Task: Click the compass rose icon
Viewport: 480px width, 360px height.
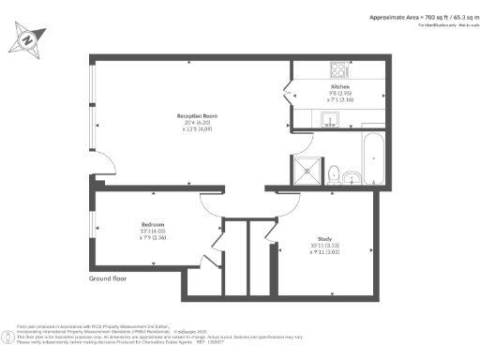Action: [28, 40]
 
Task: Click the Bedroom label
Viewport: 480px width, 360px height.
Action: [153, 224]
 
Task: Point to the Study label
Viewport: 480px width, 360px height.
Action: [324, 239]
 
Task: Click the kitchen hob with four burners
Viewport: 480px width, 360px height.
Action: [338, 69]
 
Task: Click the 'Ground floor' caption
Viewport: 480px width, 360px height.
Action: [111, 279]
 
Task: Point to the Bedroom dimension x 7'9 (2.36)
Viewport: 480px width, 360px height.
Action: [153, 237]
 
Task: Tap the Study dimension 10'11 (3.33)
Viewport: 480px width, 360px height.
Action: [324, 246]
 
